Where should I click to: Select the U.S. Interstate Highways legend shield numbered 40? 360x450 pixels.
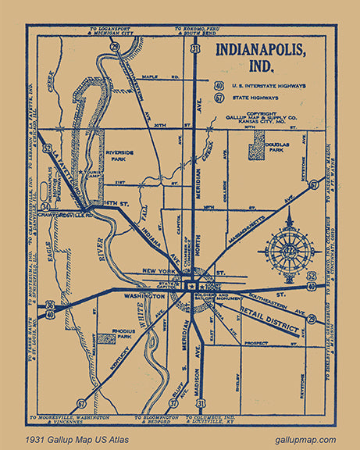pos(219,84)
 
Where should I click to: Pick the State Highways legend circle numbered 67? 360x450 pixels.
pos(219,98)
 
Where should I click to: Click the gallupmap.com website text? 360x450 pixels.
pos(305,439)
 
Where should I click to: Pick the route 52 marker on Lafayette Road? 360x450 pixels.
pos(48,146)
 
